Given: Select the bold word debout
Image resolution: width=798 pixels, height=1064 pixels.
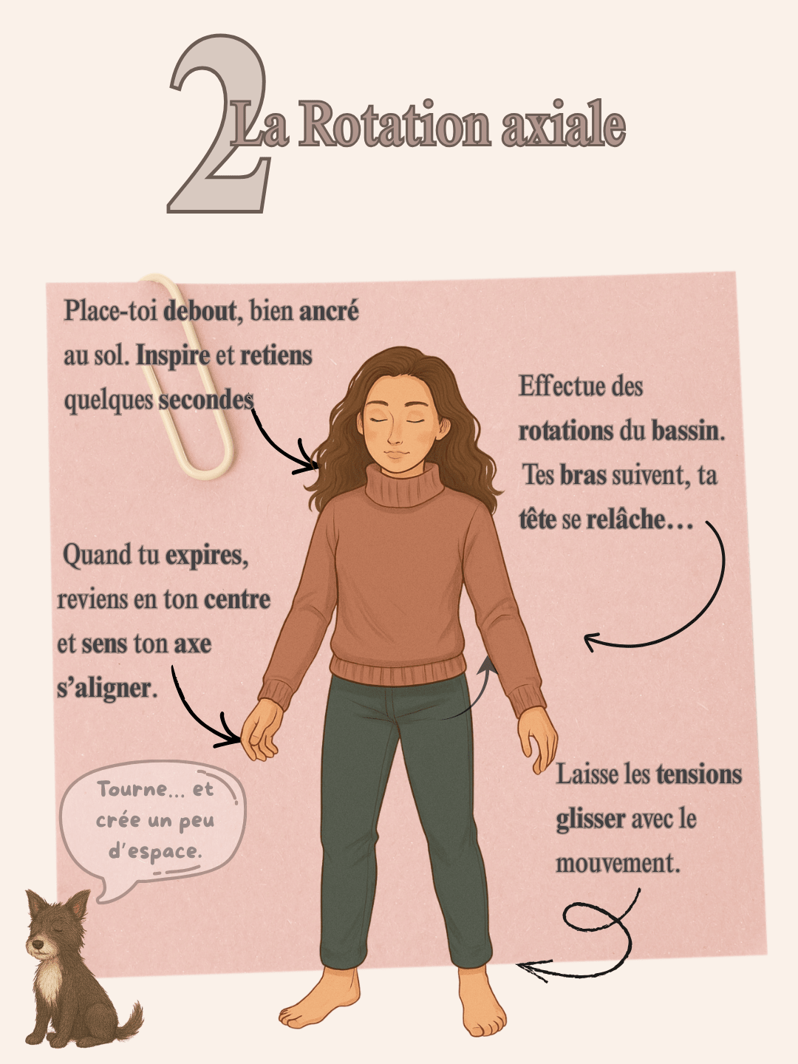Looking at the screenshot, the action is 199,310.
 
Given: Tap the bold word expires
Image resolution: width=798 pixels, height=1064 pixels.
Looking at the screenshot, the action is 207,556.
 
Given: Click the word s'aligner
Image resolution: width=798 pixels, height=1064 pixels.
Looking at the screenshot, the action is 107,687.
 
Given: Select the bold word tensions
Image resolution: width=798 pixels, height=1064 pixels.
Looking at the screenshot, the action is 699,774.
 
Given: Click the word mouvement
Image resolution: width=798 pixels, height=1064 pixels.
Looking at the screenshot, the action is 618,863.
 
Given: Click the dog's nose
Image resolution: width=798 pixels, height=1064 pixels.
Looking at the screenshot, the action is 37,944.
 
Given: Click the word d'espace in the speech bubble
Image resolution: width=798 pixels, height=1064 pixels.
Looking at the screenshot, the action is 154,852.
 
